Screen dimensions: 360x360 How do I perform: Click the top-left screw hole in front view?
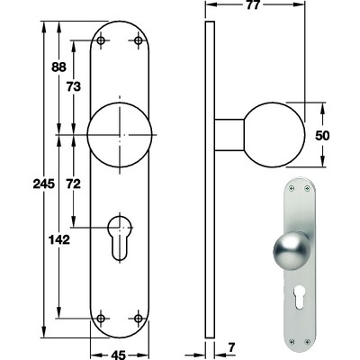102,40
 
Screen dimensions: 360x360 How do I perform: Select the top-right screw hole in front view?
138,40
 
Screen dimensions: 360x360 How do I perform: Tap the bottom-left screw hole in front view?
102,317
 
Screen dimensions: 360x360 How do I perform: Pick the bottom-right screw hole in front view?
138,317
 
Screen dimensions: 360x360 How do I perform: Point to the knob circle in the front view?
120,135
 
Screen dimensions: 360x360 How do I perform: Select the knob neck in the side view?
230,135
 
